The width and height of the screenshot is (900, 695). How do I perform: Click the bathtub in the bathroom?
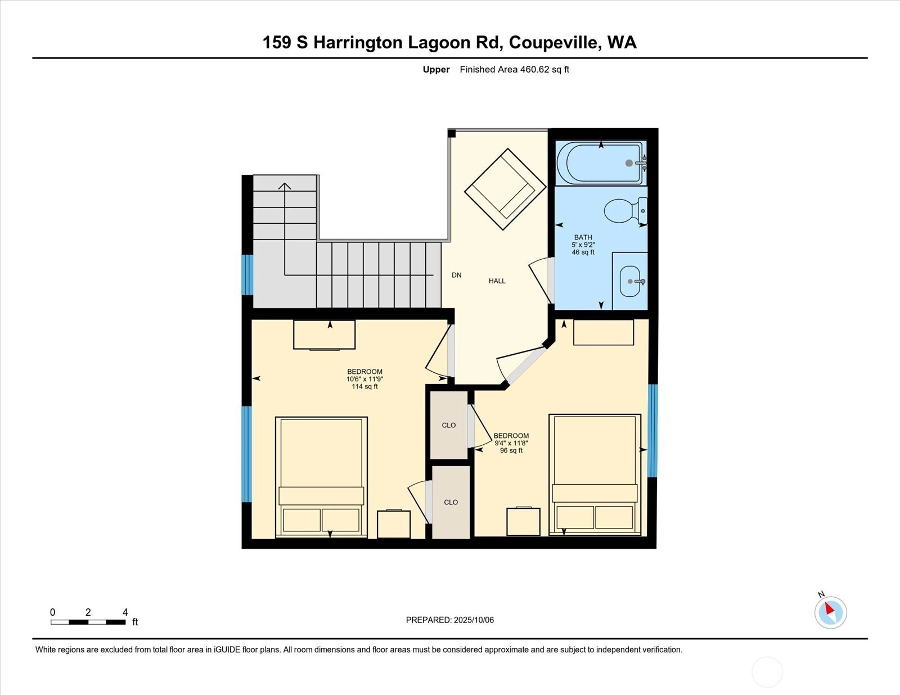[600, 164]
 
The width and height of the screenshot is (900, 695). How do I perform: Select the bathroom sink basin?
[630, 282]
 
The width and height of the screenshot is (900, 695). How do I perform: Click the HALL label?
[497, 281]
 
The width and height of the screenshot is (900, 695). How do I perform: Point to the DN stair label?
[456, 276]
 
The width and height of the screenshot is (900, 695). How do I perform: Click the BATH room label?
[583, 238]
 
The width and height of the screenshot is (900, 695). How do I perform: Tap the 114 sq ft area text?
[365, 387]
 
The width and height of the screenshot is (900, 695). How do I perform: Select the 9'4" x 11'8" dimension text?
[511, 443]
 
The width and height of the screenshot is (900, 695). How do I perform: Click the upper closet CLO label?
[449, 425]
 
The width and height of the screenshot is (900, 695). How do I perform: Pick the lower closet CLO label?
[451, 502]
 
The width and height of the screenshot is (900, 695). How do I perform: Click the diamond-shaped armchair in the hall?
[505, 189]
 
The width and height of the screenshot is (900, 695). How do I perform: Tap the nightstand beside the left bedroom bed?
[393, 524]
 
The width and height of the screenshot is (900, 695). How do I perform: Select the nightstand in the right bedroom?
[524, 521]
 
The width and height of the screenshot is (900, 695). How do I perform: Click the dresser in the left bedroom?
[325, 335]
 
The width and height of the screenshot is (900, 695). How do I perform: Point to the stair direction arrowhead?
[285, 186]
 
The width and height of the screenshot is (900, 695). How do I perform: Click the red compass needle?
[830, 608]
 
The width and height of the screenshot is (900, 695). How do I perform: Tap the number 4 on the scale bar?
[125, 612]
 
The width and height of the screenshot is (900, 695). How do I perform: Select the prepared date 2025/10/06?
[474, 620]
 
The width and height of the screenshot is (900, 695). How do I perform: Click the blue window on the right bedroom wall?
[652, 431]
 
